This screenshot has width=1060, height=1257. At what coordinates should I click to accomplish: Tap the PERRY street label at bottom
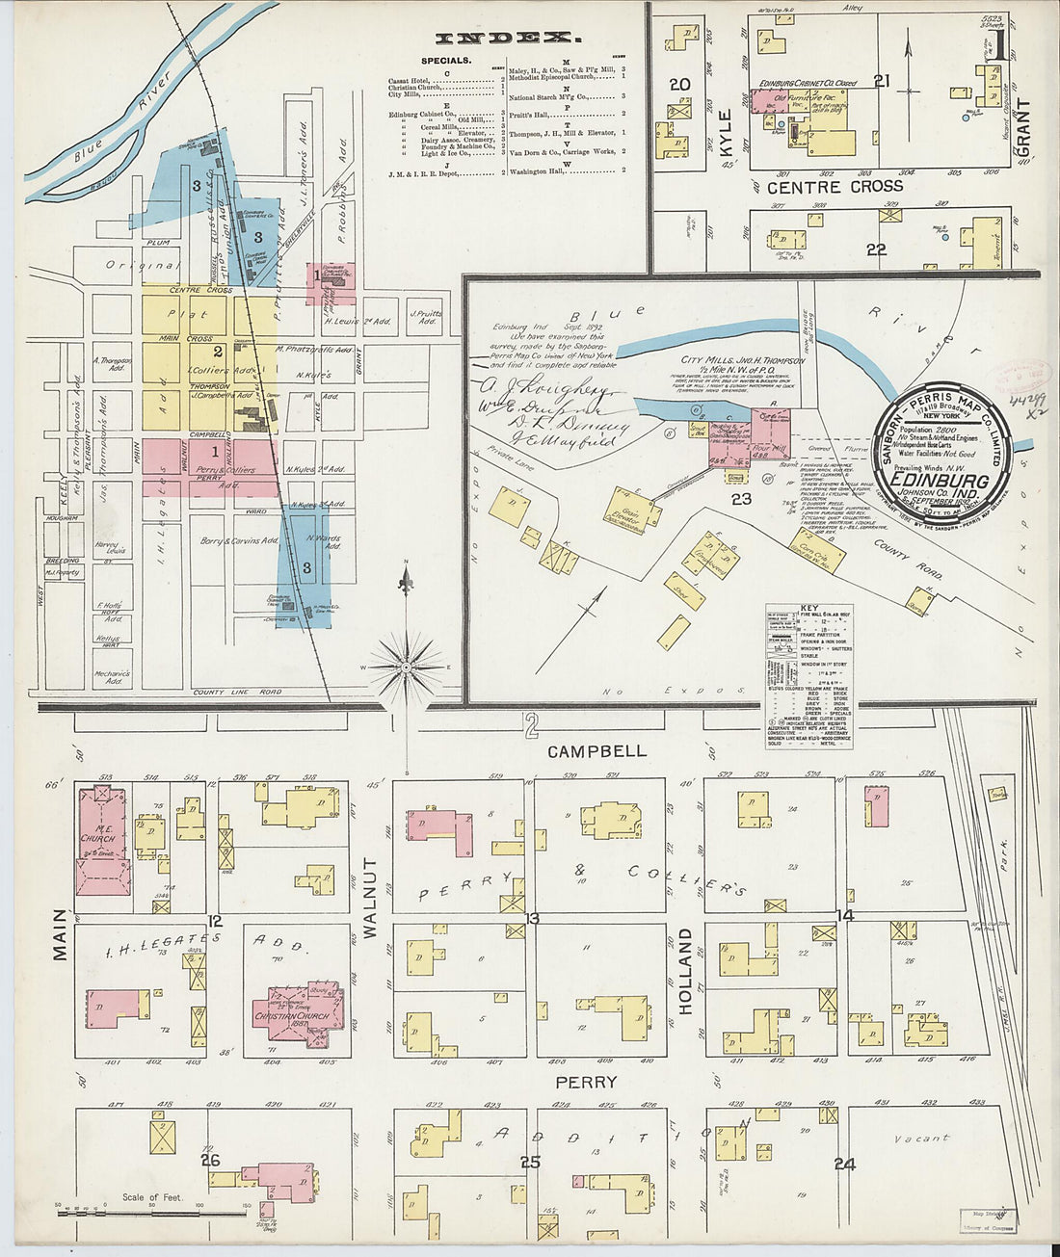click(585, 1082)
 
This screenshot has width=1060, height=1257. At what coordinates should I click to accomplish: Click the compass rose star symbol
click(407, 666)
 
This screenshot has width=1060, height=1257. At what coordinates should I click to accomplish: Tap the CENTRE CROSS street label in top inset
click(835, 186)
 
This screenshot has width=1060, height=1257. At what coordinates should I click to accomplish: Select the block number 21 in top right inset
click(881, 82)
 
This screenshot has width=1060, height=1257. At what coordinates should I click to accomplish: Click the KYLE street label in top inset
click(726, 135)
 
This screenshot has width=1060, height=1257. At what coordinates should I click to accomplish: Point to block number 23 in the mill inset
click(740, 499)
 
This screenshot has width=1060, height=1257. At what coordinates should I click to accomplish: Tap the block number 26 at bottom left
click(210, 1160)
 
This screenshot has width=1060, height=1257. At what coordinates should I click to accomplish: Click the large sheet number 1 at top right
click(1002, 45)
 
